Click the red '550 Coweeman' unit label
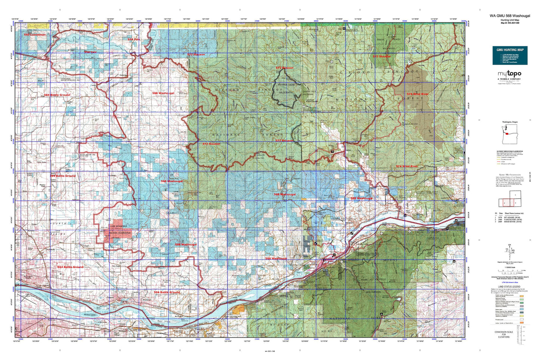(x=35, y=35)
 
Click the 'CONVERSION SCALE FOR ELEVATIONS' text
(x=503, y=335)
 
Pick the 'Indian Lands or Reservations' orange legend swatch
(x=521, y=321)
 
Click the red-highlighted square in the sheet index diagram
(x=507, y=202)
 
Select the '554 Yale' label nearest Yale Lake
(x=133, y=39)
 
